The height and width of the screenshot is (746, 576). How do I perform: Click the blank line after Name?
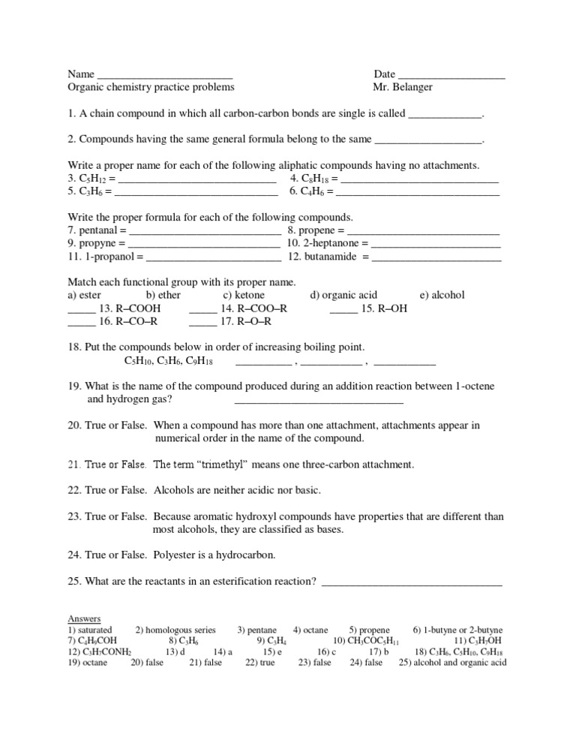[164, 76]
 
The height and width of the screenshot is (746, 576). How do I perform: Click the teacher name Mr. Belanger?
[403, 87]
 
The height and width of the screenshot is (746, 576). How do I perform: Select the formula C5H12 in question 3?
[93, 179]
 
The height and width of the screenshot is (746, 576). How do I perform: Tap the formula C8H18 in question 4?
[315, 179]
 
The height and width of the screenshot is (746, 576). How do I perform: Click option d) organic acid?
[343, 296]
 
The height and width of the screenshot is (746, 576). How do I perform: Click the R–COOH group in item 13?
[135, 308]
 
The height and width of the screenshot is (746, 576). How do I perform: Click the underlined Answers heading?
[84, 618]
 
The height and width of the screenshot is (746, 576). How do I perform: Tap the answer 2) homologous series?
[175, 630]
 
